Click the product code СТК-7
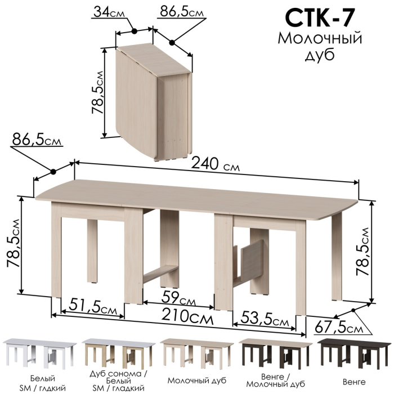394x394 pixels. pos(319,18)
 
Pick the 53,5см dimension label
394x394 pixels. pos(265,319)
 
